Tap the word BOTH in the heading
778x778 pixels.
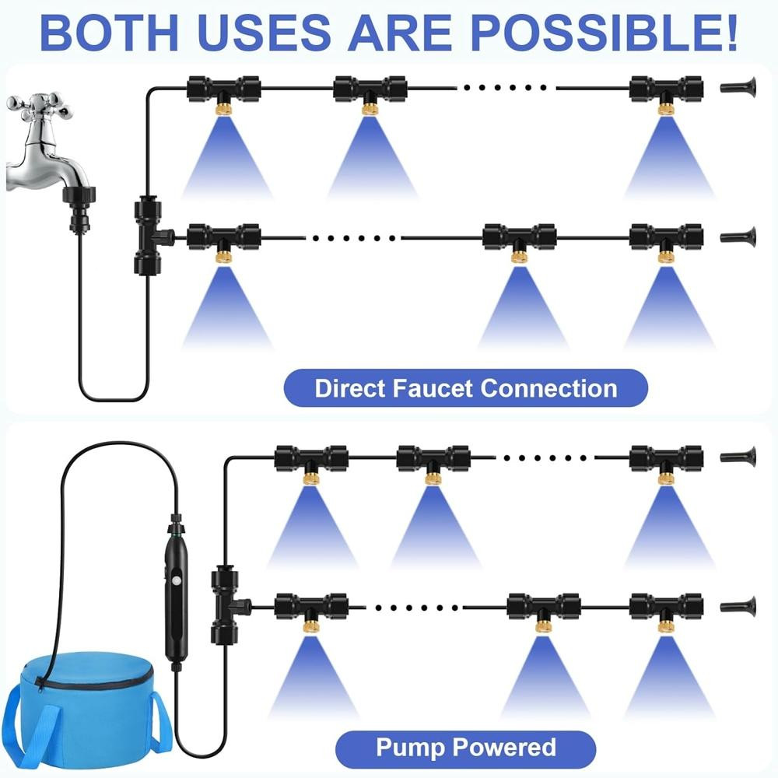coord(109,33)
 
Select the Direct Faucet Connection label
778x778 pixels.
coord(465,388)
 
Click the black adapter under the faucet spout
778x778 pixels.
coord(79,209)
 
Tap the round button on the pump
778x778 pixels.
coord(176,580)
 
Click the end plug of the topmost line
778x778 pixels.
coord(738,88)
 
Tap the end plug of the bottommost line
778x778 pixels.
coord(738,607)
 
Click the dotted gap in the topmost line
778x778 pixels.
coord(505,88)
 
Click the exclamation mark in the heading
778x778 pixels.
coord(731,33)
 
